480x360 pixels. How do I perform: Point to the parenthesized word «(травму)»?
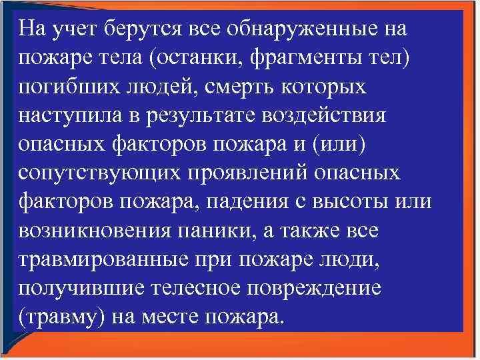[x=59, y=316]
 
